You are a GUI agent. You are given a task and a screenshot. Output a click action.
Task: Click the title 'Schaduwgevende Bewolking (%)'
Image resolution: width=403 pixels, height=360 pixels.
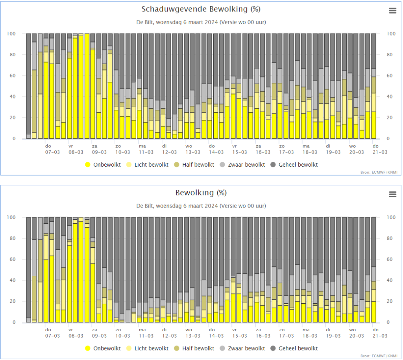coord(201,9)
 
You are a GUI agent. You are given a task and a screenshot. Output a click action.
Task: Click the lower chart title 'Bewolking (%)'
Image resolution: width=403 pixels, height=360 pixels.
coord(201,193)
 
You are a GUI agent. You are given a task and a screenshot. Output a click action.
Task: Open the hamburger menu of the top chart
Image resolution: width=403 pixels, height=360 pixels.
coord(392,11)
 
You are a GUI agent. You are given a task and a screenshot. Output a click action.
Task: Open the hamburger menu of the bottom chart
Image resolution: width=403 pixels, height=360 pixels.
coord(392,194)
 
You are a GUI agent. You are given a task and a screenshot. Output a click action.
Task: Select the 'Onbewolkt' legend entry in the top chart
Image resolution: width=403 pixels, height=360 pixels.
coord(103,165)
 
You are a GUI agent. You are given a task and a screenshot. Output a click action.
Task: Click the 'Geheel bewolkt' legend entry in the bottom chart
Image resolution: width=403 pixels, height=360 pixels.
coord(294,348)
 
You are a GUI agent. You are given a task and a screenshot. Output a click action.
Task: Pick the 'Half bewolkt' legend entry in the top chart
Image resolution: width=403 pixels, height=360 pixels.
coord(194,165)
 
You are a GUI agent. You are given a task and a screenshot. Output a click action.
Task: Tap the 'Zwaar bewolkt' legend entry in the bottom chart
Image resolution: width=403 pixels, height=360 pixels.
coord(242,348)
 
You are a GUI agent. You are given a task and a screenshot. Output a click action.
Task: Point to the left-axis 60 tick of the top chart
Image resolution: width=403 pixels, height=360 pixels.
coord(13,76)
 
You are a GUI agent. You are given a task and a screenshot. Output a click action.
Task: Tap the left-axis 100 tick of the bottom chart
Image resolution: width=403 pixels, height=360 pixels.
coord(11,217)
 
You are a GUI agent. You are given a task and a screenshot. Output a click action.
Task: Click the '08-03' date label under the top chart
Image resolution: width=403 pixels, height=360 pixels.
coord(76,152)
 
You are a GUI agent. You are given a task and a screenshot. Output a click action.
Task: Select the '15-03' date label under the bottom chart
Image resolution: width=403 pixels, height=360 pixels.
coord(240,336)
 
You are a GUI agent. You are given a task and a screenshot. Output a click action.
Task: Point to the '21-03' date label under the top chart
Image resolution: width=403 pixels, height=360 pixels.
coord(380,152)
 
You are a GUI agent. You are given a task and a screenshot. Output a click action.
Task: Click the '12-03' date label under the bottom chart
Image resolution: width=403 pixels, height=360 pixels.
coord(169,336)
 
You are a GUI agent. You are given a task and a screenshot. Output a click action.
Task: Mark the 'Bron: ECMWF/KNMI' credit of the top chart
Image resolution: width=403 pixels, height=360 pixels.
coord(379,172)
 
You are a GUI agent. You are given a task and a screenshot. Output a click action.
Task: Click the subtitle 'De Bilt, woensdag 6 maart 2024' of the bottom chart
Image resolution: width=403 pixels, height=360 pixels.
coord(177,206)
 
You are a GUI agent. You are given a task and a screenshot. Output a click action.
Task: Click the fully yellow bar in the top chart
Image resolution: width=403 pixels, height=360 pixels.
coord(87,86)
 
